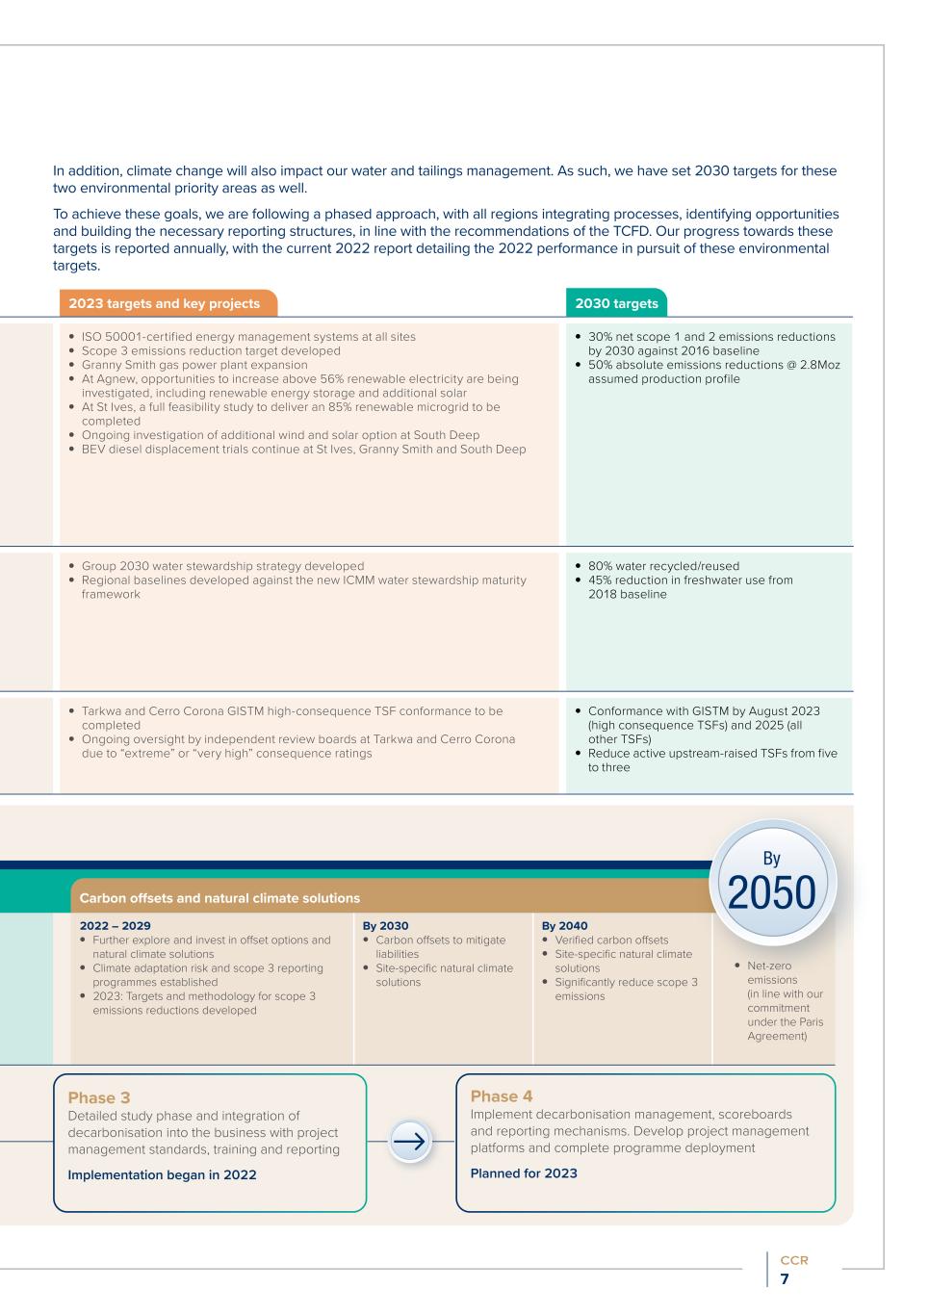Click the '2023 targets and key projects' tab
click(x=165, y=303)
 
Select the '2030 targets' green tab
click(x=616, y=303)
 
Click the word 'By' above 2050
click(x=772, y=858)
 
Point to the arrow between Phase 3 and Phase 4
click(x=410, y=1143)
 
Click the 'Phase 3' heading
click(x=99, y=1097)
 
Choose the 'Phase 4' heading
click(x=502, y=1095)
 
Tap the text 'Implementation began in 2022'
click(x=162, y=1174)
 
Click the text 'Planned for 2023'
click(x=524, y=1172)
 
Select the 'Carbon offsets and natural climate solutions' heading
click(x=219, y=898)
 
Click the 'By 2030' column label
click(x=385, y=926)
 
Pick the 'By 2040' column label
click(x=565, y=926)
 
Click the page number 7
click(x=785, y=1279)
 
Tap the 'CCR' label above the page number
click(x=794, y=1260)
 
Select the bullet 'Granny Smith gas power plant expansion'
click(x=194, y=365)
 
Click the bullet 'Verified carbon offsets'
click(x=611, y=940)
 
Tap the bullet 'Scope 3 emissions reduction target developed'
click(x=211, y=351)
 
